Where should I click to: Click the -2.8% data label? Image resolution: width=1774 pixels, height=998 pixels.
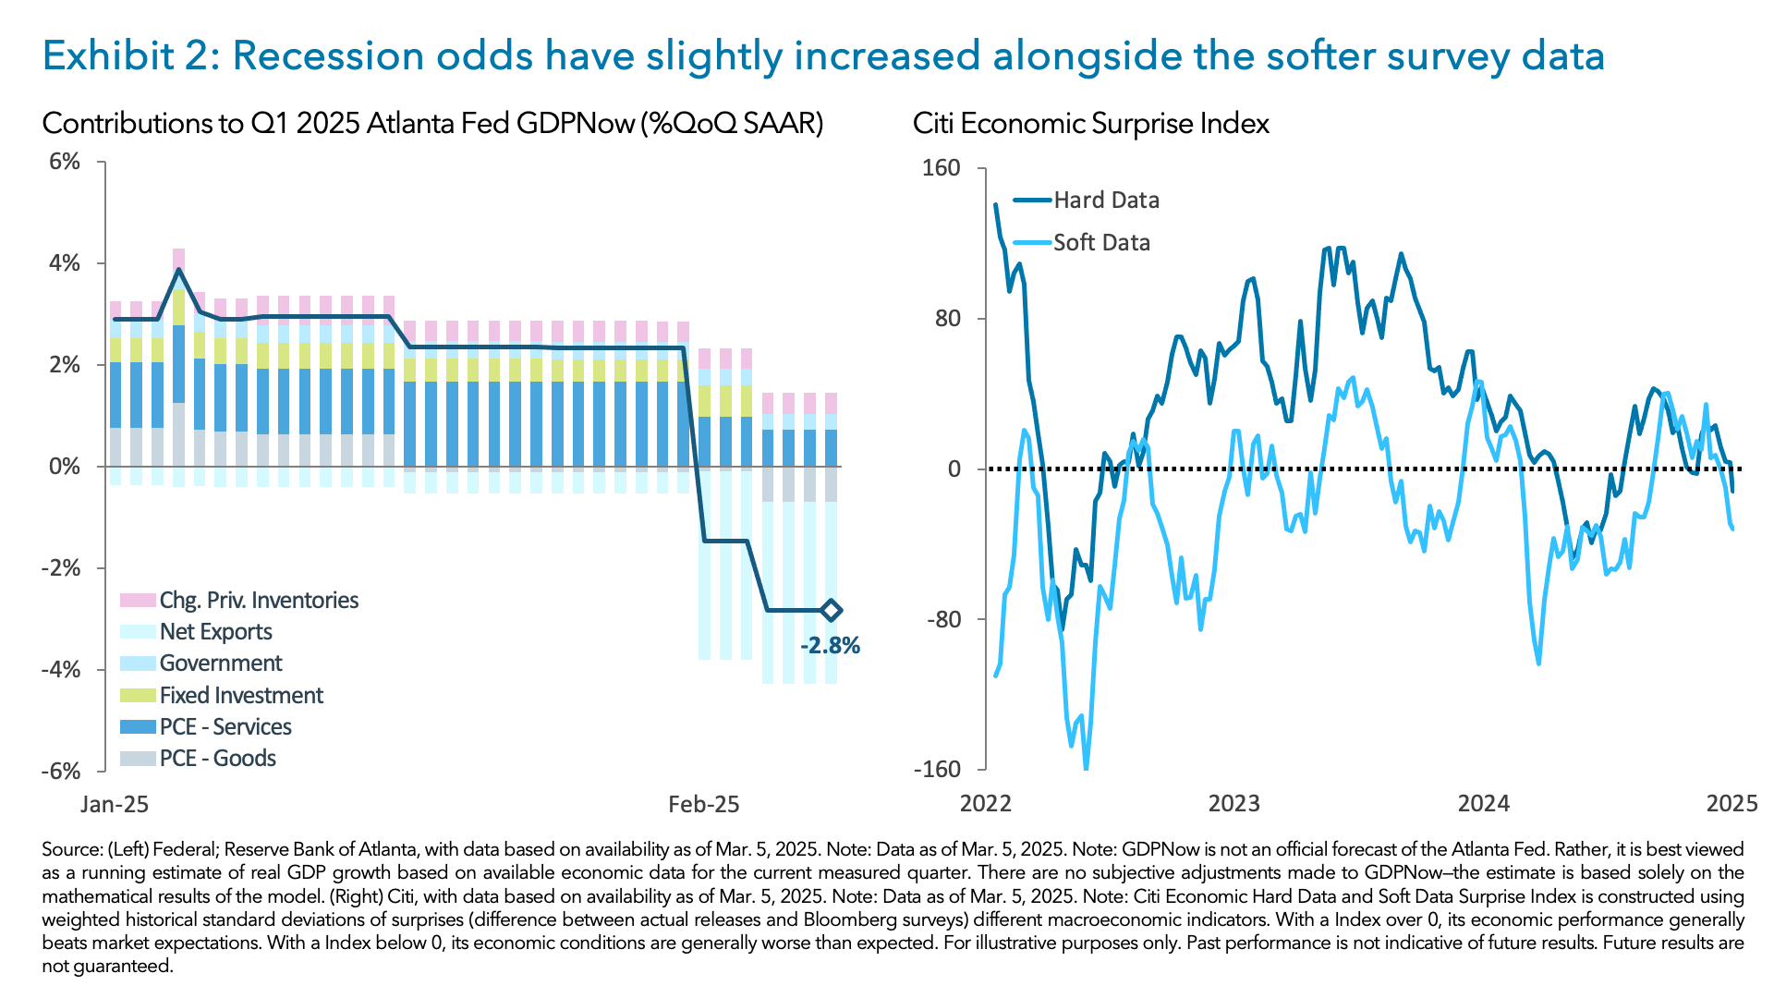tap(830, 646)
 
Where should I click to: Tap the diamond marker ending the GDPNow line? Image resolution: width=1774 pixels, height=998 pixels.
tap(831, 610)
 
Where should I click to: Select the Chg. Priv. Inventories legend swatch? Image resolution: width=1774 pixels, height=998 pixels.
tap(138, 601)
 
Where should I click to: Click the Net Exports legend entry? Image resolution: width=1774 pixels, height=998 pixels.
tap(215, 632)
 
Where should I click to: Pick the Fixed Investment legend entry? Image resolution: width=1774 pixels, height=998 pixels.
tap(240, 695)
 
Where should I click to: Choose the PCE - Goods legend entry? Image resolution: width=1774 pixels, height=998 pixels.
tap(217, 759)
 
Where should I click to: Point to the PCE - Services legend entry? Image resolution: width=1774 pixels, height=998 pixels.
tap(225, 727)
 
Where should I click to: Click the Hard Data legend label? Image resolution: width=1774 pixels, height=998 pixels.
tap(1106, 201)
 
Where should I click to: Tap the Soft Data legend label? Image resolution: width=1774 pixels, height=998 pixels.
tap(1101, 243)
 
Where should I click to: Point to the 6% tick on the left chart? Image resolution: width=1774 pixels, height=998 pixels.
tap(65, 162)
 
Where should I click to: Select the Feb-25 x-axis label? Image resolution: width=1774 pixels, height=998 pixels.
tap(704, 805)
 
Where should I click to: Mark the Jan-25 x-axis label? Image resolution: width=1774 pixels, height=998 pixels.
tap(115, 805)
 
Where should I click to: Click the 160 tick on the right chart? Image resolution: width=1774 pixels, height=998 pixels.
tap(942, 168)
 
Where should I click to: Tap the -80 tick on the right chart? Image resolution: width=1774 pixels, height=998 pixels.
tap(943, 619)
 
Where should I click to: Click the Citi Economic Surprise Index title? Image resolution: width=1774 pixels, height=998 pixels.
tap(1090, 124)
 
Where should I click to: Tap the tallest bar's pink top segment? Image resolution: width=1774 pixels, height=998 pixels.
tap(179, 259)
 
